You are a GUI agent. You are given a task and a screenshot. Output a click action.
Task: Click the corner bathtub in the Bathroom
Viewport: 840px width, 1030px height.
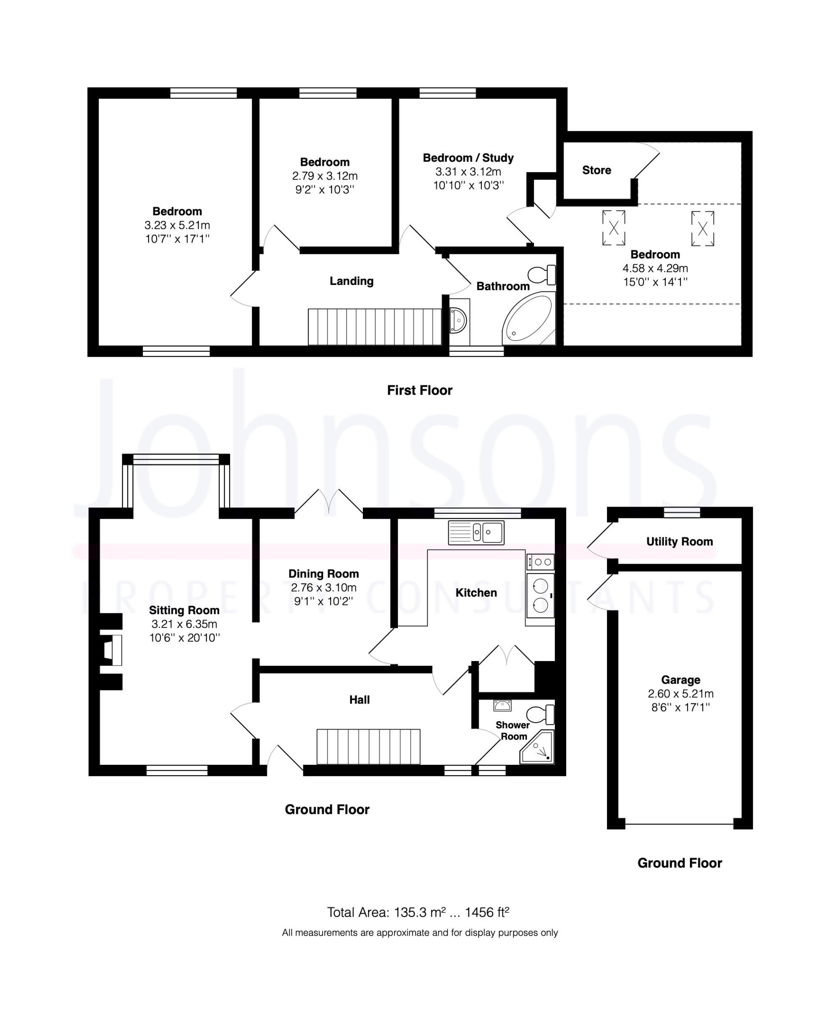528,319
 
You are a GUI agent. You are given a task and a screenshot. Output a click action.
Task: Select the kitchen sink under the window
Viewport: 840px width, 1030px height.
476,532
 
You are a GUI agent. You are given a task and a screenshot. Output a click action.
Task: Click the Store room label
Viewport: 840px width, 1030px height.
596,170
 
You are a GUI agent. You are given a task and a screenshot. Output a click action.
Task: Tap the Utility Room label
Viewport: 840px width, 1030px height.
680,541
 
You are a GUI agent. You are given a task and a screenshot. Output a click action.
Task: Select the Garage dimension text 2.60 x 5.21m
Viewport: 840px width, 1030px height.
680,694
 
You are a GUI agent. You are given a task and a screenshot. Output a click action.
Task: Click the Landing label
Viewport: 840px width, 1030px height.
351,281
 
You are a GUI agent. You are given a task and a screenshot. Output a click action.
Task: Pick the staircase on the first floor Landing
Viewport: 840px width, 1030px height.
375,327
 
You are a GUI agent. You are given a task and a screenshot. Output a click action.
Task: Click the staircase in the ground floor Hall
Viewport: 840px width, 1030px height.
368,747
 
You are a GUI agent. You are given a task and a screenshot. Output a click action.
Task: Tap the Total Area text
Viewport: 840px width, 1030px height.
418,912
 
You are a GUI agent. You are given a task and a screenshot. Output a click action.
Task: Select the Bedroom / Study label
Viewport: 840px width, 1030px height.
468,158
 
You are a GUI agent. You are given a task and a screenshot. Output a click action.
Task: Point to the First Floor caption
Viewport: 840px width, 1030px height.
420,390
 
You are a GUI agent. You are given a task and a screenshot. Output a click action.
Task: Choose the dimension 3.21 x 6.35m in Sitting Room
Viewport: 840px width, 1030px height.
184,624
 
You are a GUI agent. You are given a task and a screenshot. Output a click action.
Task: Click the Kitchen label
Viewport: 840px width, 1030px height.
476,593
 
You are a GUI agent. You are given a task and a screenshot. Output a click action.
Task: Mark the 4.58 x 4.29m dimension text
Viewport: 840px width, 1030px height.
655,268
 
